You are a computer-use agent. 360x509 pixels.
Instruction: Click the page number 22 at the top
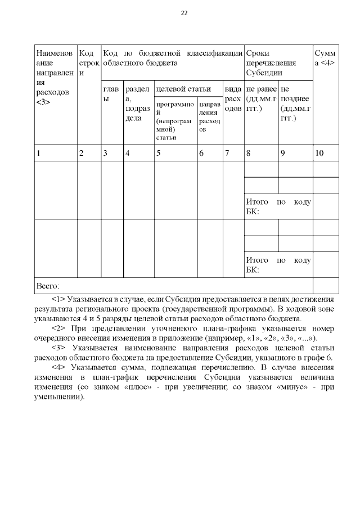pos(183,13)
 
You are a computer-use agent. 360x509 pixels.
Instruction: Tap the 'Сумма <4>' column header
pos(325,58)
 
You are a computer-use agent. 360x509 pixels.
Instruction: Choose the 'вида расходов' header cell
pos(233,98)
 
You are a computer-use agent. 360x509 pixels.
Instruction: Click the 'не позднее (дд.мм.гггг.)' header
pos(295,103)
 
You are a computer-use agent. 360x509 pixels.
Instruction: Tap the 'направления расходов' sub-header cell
pos(209,121)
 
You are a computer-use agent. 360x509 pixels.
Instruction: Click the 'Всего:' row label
pos(48,285)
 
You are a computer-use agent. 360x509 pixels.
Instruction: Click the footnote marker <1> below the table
pos(58,299)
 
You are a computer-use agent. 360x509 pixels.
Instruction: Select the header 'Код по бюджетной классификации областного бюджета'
pos(172,58)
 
